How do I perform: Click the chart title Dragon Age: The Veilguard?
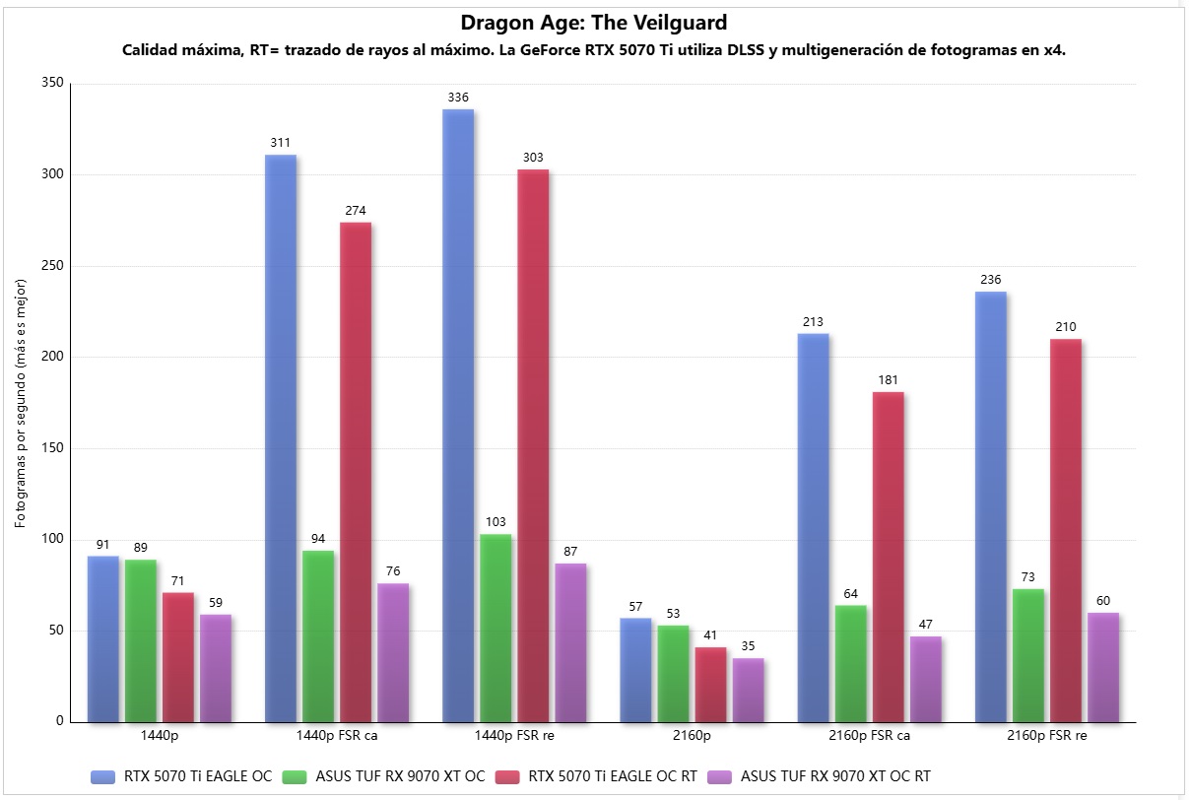point(593,22)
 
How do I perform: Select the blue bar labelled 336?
point(458,414)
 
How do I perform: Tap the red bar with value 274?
point(356,473)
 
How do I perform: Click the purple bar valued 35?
point(748,690)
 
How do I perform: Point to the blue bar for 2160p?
point(635,670)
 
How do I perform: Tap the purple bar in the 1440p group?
point(216,668)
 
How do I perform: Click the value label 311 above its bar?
point(281,143)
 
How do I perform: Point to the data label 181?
point(888,380)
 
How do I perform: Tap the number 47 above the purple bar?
point(925,625)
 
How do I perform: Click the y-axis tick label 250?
point(52,266)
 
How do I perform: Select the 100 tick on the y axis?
point(52,540)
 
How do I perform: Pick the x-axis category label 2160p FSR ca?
point(850,736)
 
